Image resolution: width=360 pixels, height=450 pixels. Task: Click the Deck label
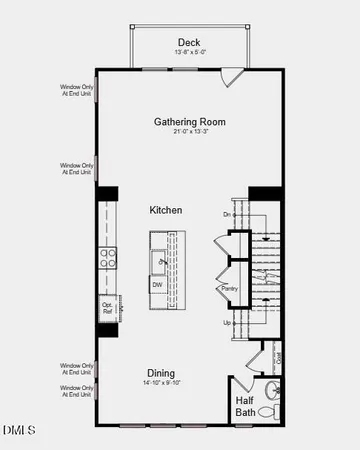tap(189, 42)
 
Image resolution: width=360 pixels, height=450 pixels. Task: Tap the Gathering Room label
tap(189, 122)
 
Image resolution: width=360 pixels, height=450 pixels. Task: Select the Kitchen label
tap(166, 210)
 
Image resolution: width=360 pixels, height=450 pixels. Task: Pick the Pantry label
tap(228, 290)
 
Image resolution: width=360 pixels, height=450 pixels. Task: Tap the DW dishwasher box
tap(158, 285)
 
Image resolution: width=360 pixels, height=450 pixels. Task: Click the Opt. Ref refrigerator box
tap(107, 309)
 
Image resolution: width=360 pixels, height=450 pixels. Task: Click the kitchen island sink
tap(159, 261)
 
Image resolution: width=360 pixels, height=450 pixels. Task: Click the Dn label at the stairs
tap(227, 214)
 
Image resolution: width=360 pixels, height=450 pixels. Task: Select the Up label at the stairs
tap(227, 323)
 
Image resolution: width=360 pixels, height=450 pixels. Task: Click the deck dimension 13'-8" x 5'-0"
tap(190, 52)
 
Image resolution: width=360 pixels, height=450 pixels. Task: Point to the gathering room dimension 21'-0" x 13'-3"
tap(189, 134)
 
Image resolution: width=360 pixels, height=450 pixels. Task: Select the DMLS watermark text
tap(18, 432)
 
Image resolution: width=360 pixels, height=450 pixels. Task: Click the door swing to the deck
tap(231, 75)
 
